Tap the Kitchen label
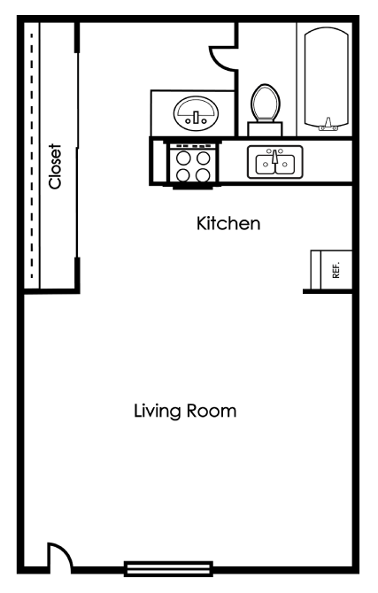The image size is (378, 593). click(228, 224)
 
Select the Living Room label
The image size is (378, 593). click(185, 412)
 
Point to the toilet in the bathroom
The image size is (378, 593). click(265, 106)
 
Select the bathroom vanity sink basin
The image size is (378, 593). click(195, 113)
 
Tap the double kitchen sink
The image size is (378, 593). click(274, 163)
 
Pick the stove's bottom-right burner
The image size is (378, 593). click(204, 174)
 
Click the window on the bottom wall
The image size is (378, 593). click(168, 567)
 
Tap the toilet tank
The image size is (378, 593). click(265, 128)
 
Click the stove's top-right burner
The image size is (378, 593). click(204, 158)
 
